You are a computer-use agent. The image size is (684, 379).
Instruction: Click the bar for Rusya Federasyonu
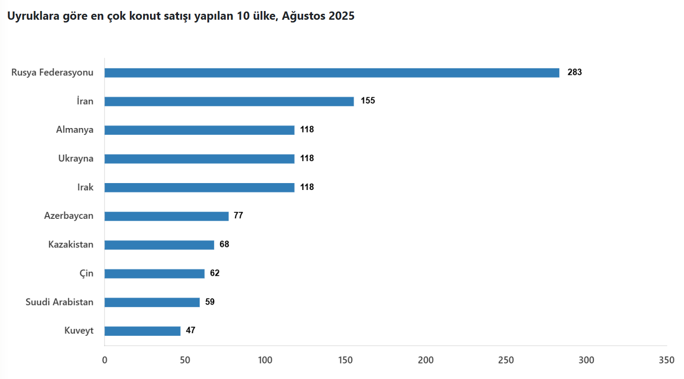tap(332, 72)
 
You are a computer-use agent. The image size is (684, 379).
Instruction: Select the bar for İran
tap(229, 101)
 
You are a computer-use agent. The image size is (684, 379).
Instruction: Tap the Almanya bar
tap(199, 130)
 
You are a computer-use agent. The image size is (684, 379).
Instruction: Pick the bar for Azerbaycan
tap(166, 216)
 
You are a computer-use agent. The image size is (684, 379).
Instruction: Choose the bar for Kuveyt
tap(142, 331)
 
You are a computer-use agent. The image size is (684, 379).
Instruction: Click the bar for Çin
tap(154, 273)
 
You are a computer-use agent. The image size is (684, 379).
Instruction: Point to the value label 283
tap(574, 72)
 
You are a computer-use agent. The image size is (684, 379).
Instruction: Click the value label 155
tap(367, 100)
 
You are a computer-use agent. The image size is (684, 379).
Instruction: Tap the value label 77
tap(238, 215)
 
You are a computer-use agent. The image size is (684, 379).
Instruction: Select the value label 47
tap(190, 330)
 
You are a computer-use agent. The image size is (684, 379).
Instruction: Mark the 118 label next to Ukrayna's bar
tap(307, 158)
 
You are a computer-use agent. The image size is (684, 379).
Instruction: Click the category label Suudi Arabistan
tap(59, 302)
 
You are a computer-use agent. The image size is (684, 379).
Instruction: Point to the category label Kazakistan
tap(71, 244)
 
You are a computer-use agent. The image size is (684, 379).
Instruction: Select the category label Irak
tap(85, 187)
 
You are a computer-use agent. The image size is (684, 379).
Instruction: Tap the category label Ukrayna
tap(76, 158)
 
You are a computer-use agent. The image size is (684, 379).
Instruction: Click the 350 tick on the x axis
tap(666, 360)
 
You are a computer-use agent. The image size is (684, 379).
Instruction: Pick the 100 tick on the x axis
tap(265, 360)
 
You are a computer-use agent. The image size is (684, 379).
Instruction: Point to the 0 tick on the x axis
tap(105, 360)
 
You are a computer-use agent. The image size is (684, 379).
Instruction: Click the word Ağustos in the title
tap(304, 16)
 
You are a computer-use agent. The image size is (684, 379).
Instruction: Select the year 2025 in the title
tap(341, 16)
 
